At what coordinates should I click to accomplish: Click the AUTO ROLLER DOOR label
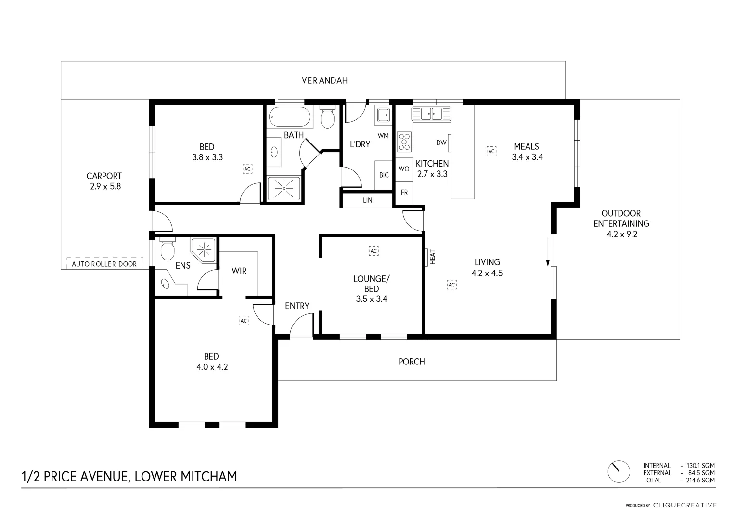point(104,264)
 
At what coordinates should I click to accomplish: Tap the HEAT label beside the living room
point(432,257)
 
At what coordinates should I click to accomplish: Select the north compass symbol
point(619,471)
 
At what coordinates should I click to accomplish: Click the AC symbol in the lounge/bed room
point(374,251)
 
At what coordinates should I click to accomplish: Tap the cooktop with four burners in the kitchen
point(404,143)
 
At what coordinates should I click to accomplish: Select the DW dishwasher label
point(441,143)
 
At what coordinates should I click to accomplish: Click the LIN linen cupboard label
point(367,200)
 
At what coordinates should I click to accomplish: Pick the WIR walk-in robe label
point(239,271)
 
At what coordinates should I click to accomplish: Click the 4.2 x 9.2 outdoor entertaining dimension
point(621,234)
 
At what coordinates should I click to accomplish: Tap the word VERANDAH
point(324,80)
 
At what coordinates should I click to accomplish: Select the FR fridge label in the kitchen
point(404,192)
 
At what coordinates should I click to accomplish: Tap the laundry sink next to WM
point(383,115)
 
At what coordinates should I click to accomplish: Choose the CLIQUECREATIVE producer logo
point(684,505)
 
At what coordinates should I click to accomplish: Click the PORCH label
point(412,362)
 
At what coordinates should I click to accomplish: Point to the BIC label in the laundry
point(384,175)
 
